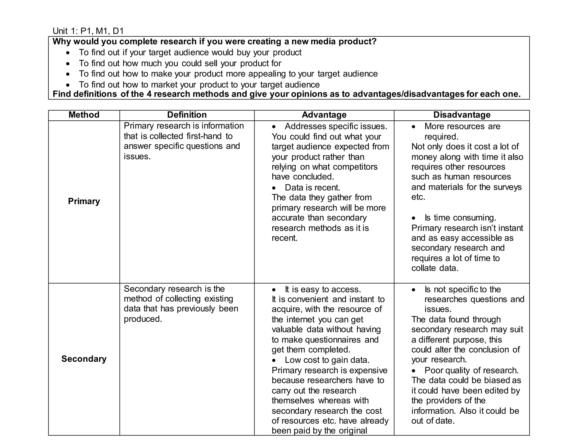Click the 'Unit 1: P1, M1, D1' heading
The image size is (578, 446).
(x=88, y=31)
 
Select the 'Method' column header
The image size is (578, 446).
(x=84, y=115)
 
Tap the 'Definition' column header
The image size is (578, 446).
(x=187, y=115)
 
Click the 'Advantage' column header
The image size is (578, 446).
(x=324, y=115)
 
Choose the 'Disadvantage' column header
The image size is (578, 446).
(x=462, y=115)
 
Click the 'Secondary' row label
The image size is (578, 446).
(x=84, y=359)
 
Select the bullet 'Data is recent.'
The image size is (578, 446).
(x=312, y=188)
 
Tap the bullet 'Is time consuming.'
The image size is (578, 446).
(x=460, y=218)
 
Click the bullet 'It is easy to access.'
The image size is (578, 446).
(x=323, y=290)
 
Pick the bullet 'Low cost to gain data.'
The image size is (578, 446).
(x=327, y=360)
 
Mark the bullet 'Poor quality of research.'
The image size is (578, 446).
(x=471, y=370)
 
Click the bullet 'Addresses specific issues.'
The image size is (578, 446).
(x=336, y=126)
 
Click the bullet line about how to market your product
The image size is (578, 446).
(x=199, y=85)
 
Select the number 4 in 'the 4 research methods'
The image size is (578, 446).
(x=149, y=94)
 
